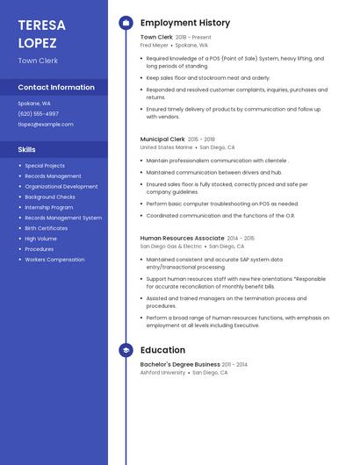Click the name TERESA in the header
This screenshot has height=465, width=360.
[41, 25]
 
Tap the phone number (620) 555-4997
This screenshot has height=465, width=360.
[38, 113]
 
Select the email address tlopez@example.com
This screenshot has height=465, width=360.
[46, 124]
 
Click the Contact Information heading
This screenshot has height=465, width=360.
[56, 88]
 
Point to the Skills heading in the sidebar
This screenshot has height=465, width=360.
[26, 149]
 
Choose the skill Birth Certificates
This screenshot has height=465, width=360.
[46, 228]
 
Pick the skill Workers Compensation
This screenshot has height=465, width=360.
[54, 260]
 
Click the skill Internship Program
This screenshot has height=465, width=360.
[48, 207]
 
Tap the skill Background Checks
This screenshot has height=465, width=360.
[49, 197]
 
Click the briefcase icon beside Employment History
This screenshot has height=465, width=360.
[126, 23]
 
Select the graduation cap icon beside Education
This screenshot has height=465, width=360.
[126, 350]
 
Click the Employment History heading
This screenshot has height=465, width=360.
[185, 23]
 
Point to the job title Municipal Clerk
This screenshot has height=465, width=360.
[162, 139]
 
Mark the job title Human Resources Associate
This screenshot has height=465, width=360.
[182, 238]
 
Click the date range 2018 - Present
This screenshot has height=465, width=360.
[193, 38]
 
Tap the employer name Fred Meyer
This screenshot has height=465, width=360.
[154, 45]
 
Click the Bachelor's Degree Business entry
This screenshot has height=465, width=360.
[180, 364]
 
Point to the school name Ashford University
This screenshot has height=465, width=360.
[162, 372]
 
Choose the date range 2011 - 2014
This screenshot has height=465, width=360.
[234, 364]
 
